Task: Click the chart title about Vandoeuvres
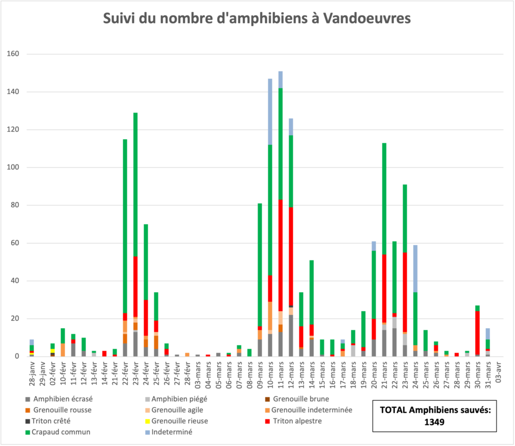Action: (257, 19)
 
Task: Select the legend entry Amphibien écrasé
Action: (63, 399)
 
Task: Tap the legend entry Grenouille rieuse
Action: (180, 421)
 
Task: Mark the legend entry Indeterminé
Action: (172, 432)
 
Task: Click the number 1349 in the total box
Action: (434, 422)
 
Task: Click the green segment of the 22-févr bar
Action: (125, 226)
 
